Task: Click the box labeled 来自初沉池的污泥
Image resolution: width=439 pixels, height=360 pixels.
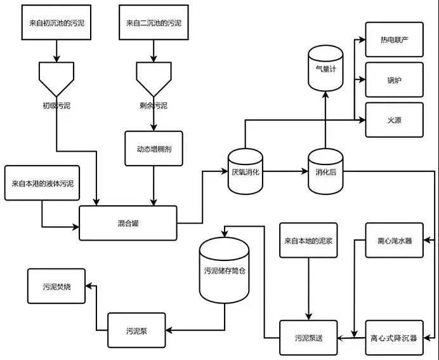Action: (x=56, y=22)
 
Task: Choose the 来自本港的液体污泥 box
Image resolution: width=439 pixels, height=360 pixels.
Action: (x=43, y=183)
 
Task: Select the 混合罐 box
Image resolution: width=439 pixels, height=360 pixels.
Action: (x=128, y=223)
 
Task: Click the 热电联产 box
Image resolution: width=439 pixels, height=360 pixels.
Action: (x=394, y=39)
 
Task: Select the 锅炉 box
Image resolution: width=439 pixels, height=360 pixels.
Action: (x=394, y=80)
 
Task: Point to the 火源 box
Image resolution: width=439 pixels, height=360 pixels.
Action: (x=394, y=119)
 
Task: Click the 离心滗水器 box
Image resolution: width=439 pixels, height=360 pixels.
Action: (x=394, y=240)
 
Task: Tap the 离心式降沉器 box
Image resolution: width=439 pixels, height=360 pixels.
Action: (x=394, y=338)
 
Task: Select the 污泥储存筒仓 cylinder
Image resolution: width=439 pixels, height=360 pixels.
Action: (x=225, y=270)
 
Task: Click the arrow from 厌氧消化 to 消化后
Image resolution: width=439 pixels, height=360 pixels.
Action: (x=285, y=171)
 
